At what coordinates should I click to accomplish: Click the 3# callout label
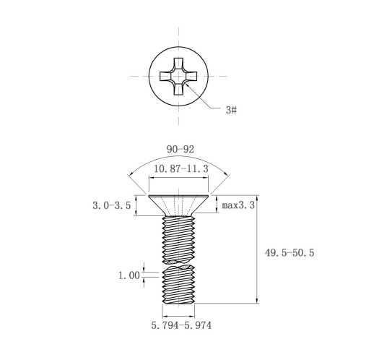pyautogui.click(x=231, y=110)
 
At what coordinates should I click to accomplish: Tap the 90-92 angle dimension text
pyautogui.click(x=181, y=150)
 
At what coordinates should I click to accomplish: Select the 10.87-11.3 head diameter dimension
pyautogui.click(x=181, y=168)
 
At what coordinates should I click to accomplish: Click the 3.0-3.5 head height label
pyautogui.click(x=112, y=205)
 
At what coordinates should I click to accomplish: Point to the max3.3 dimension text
pyautogui.click(x=238, y=205)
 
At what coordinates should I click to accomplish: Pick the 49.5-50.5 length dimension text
pyautogui.click(x=290, y=253)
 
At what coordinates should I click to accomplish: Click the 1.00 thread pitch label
pyautogui.click(x=129, y=275)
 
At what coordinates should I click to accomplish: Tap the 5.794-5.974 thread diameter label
pyautogui.click(x=181, y=325)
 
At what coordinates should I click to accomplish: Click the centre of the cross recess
pyautogui.click(x=178, y=76)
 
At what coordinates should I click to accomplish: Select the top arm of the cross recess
pyautogui.click(x=178, y=64)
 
